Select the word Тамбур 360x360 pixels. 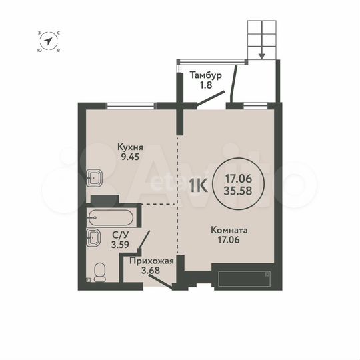(x=205, y=74)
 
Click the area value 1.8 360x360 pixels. (x=205, y=85)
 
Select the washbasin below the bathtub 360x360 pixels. (x=94, y=237)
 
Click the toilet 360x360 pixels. (x=101, y=271)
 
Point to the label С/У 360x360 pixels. (x=120, y=234)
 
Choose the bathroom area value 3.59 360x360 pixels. (x=120, y=244)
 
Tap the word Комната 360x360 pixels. (x=229, y=231)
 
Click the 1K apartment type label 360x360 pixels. (x=198, y=183)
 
